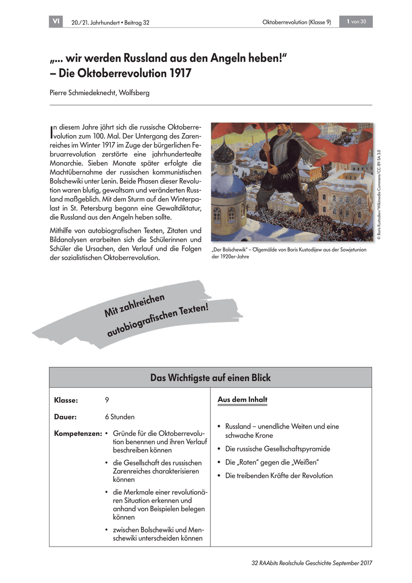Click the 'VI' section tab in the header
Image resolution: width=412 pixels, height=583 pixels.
click(56, 21)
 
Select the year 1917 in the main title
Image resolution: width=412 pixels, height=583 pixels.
click(175, 74)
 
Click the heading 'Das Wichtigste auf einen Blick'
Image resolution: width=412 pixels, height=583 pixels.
click(210, 377)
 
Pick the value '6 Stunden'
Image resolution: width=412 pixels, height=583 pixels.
click(120, 417)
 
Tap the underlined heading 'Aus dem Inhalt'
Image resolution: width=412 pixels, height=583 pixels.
click(242, 400)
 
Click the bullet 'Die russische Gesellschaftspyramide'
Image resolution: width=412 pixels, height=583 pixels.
click(277, 449)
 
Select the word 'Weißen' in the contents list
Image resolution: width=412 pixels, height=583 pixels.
click(301, 462)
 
